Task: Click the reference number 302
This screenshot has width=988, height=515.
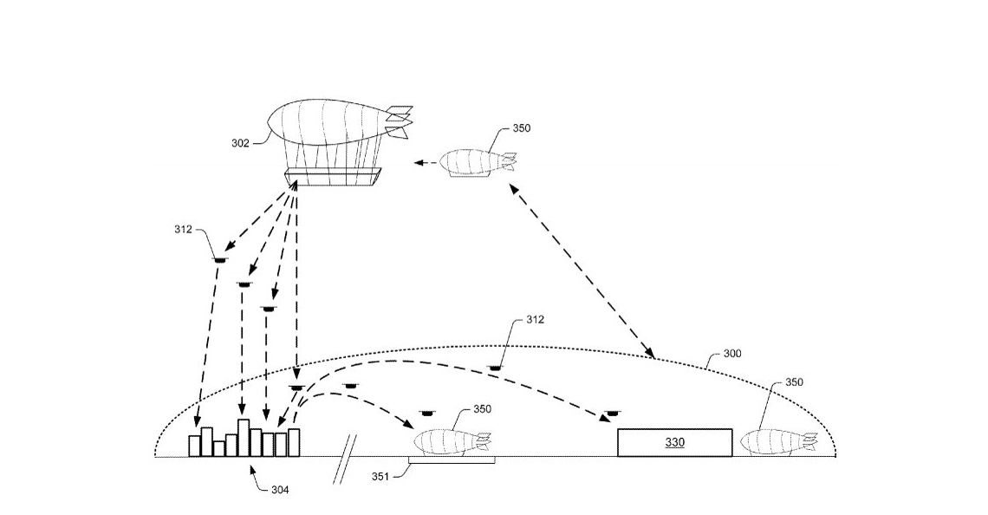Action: (x=240, y=143)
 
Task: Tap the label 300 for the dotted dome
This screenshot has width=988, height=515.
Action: (x=731, y=354)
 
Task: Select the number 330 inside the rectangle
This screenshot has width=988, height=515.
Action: (x=674, y=442)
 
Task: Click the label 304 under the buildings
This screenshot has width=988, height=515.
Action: (x=279, y=491)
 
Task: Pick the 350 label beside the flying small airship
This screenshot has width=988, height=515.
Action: (x=522, y=128)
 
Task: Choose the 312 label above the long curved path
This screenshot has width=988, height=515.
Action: (x=536, y=320)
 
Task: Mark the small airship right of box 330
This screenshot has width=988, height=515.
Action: (x=777, y=441)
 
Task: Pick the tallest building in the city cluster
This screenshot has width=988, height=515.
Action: (x=244, y=437)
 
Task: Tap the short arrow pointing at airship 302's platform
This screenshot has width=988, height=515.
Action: (x=425, y=162)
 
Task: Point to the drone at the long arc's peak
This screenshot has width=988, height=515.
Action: (x=495, y=368)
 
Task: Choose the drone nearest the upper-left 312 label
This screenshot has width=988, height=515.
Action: (x=220, y=257)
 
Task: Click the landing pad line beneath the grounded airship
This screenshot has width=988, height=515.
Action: (x=451, y=461)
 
